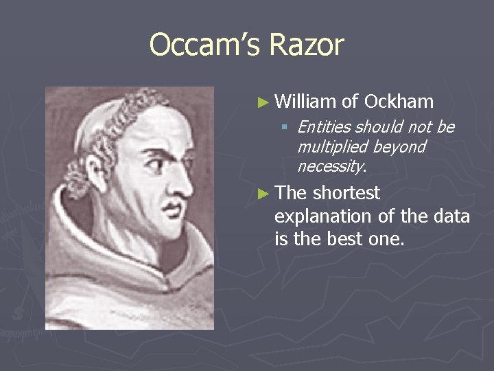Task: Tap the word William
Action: click(305, 102)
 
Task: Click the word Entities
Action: click(323, 127)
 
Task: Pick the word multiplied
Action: click(332, 146)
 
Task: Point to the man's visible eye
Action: click(160, 162)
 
